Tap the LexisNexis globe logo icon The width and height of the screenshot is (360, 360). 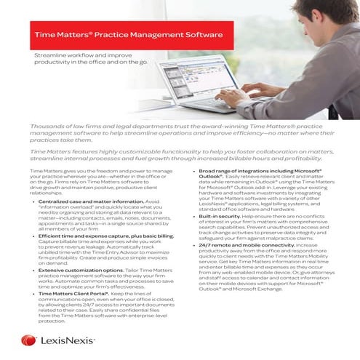click(x=29, y=340)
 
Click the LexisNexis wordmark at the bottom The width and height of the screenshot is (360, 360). click(x=68, y=340)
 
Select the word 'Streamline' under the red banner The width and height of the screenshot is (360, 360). click(x=51, y=55)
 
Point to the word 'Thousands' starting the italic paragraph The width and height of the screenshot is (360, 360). click(x=48, y=125)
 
